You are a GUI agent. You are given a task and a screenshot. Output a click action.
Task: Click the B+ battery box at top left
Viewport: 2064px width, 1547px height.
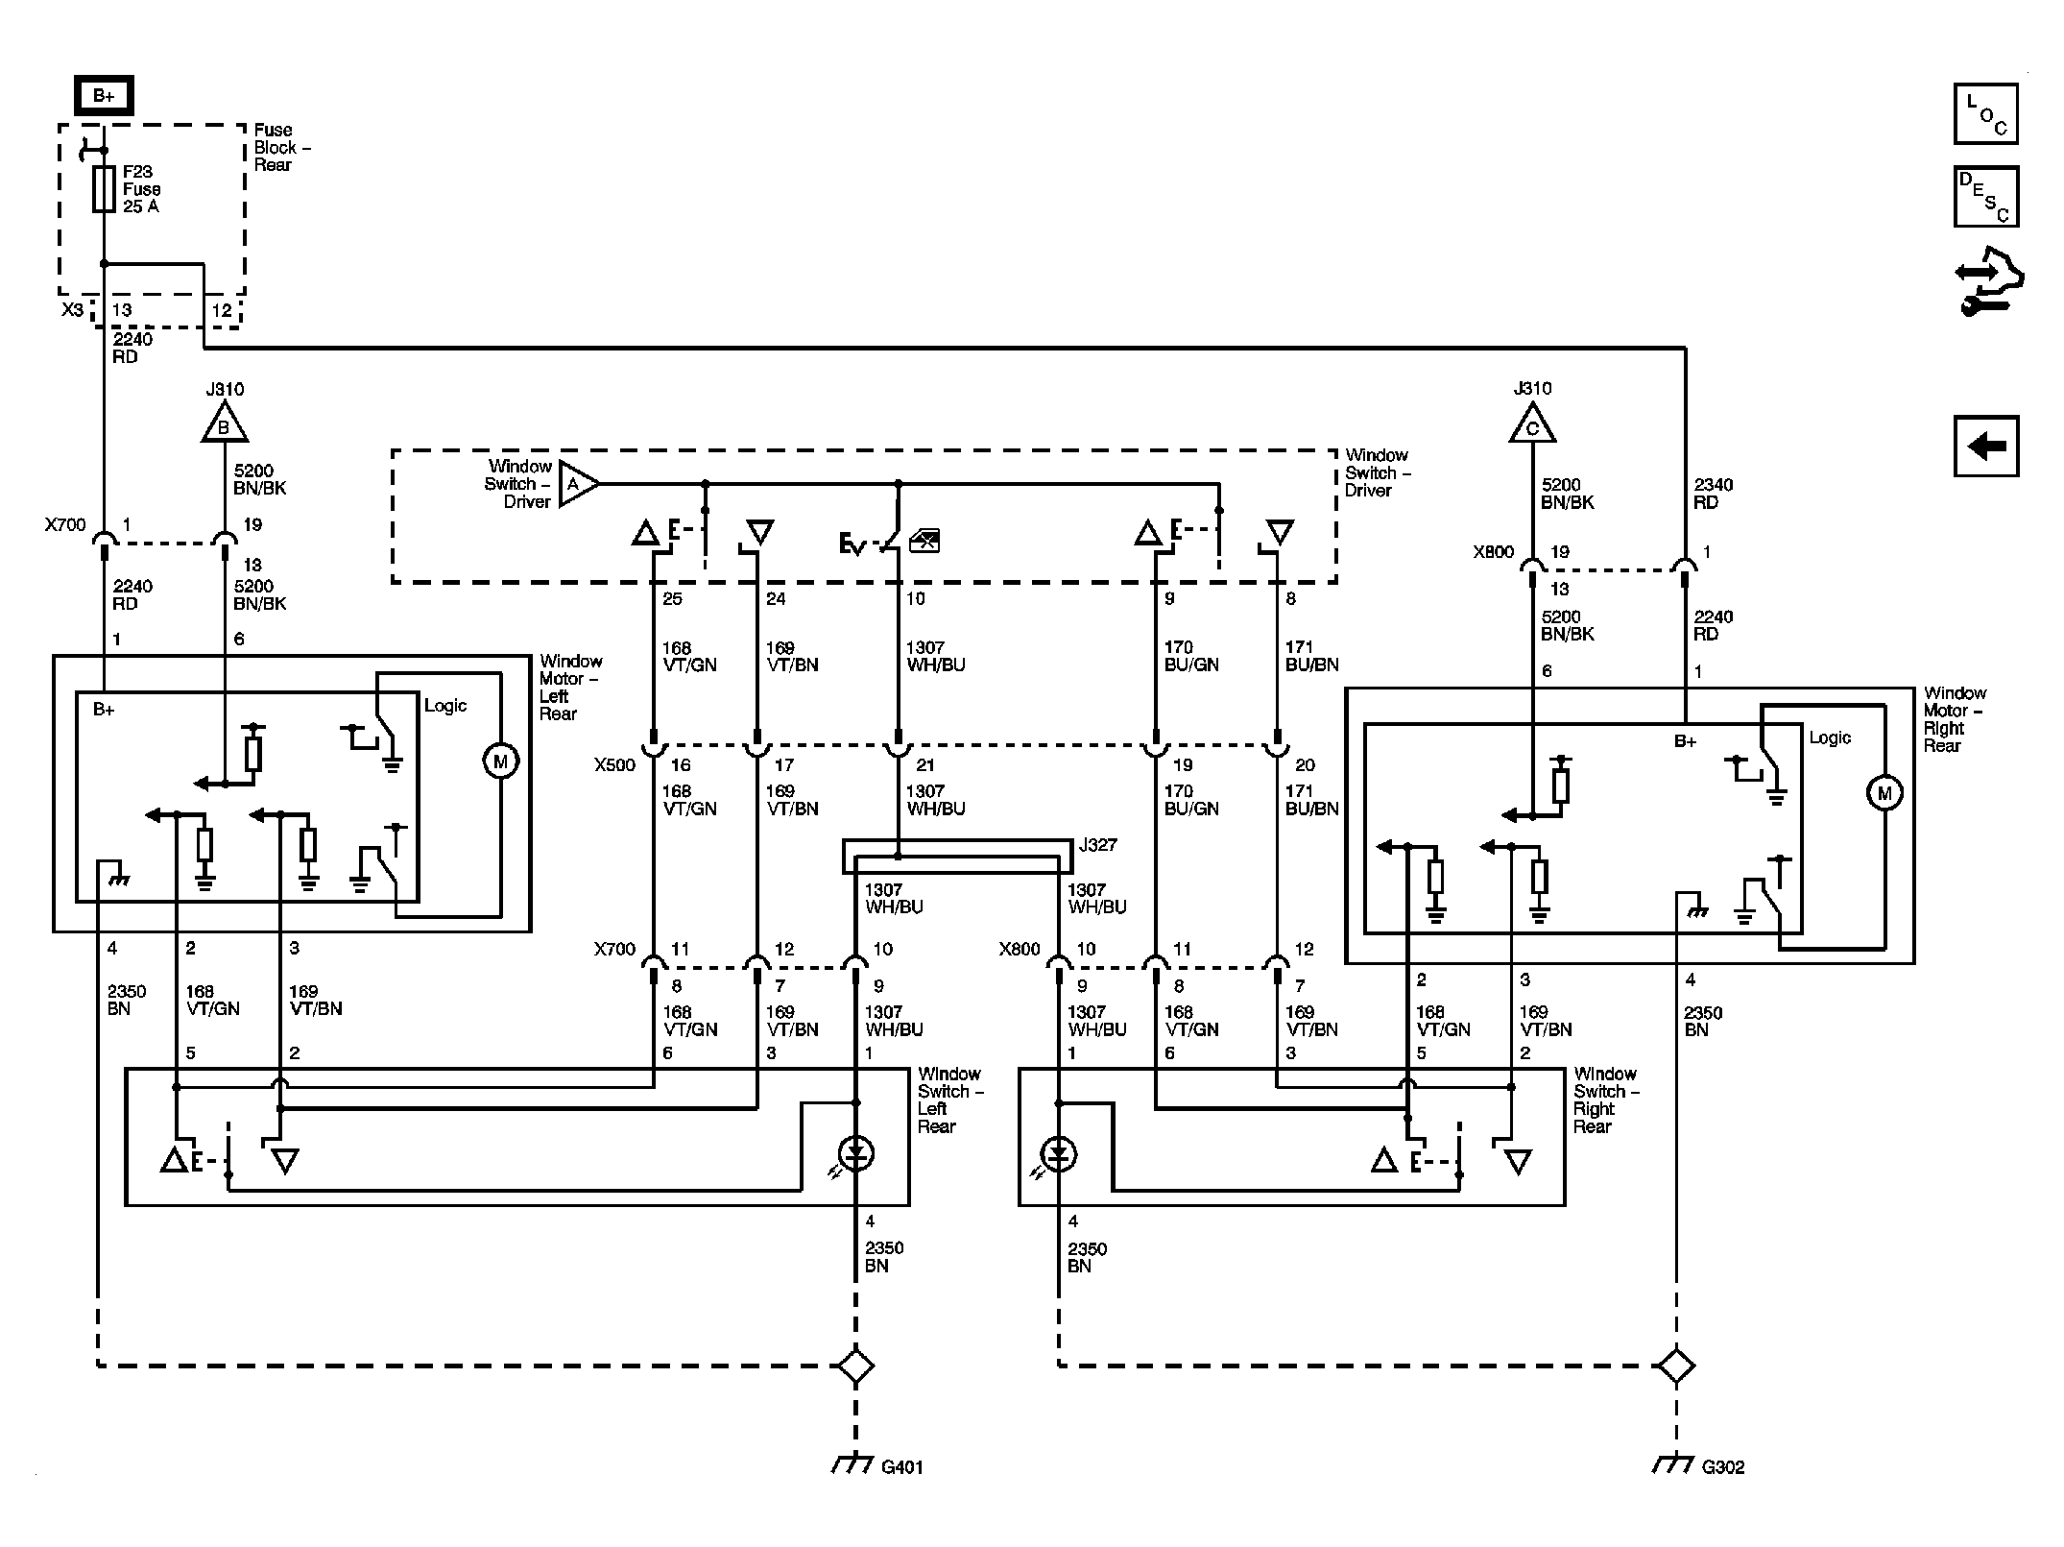tap(104, 96)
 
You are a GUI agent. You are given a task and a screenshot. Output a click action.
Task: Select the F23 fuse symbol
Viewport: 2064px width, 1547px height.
tap(104, 189)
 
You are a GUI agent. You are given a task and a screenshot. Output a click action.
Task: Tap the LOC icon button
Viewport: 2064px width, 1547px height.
tap(1985, 113)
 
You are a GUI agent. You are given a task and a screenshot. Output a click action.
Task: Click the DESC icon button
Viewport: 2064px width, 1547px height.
tap(1985, 197)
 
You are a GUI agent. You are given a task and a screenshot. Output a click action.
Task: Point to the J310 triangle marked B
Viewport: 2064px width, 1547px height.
tap(225, 423)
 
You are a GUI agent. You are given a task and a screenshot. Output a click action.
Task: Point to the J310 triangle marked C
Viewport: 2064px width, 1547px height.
tap(1532, 423)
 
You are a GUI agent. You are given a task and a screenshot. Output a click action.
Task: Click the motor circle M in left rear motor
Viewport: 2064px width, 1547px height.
tap(499, 761)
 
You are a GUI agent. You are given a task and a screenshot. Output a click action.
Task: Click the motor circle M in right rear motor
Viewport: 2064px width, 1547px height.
tap(1884, 793)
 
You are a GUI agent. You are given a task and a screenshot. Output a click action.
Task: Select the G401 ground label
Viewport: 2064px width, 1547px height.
tap(901, 1466)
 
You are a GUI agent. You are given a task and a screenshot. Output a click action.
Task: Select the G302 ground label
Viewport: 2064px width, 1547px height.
tap(1723, 1466)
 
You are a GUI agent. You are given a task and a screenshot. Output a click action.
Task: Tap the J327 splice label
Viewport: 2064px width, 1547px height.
tap(1097, 845)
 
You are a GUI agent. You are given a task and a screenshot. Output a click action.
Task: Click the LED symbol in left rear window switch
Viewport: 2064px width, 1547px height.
tap(855, 1153)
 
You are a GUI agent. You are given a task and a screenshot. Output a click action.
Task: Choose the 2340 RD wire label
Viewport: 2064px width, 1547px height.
tap(1713, 494)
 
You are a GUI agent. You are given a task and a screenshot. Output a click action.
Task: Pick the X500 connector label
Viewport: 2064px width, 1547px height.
tap(614, 765)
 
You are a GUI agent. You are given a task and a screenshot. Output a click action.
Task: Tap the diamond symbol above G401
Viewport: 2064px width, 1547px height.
tap(855, 1366)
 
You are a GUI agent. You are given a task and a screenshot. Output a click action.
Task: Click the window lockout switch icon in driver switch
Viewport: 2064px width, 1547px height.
tap(924, 542)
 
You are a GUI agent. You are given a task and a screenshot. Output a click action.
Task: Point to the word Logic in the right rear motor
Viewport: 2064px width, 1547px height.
tap(1830, 738)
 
